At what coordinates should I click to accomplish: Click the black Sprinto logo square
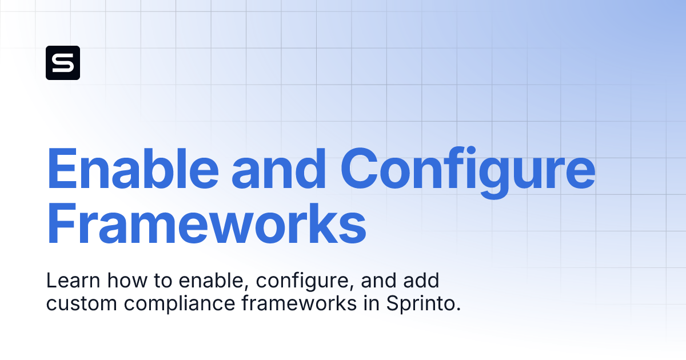63,63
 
